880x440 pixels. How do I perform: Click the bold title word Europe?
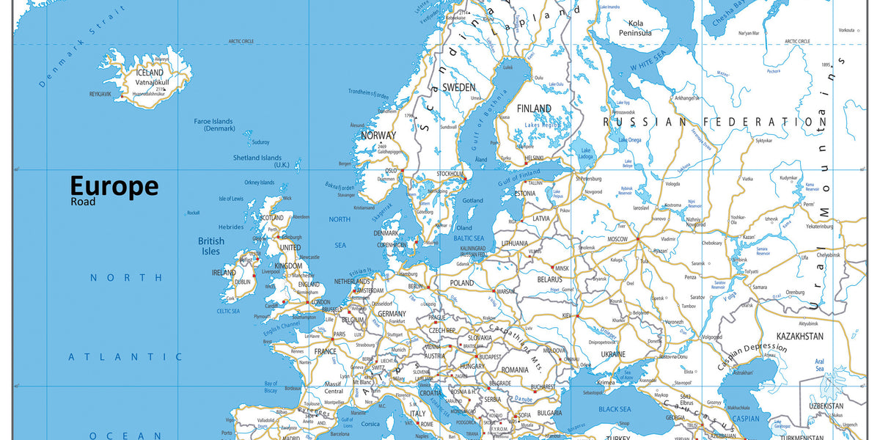click(x=114, y=186)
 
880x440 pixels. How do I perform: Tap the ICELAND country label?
click(x=150, y=73)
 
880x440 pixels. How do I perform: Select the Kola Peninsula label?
click(x=635, y=28)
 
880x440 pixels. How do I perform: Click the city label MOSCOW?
click(x=617, y=240)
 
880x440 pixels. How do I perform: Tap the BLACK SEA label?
click(x=615, y=409)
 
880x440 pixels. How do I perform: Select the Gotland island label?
click(x=473, y=200)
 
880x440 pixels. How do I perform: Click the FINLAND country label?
click(x=534, y=109)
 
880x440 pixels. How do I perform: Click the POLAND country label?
click(x=462, y=283)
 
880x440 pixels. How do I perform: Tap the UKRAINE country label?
click(x=613, y=354)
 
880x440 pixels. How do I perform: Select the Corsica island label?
click(x=371, y=423)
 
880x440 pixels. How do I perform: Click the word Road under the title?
click(x=84, y=201)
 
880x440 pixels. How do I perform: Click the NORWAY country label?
click(x=378, y=135)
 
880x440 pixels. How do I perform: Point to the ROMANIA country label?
click(x=515, y=370)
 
